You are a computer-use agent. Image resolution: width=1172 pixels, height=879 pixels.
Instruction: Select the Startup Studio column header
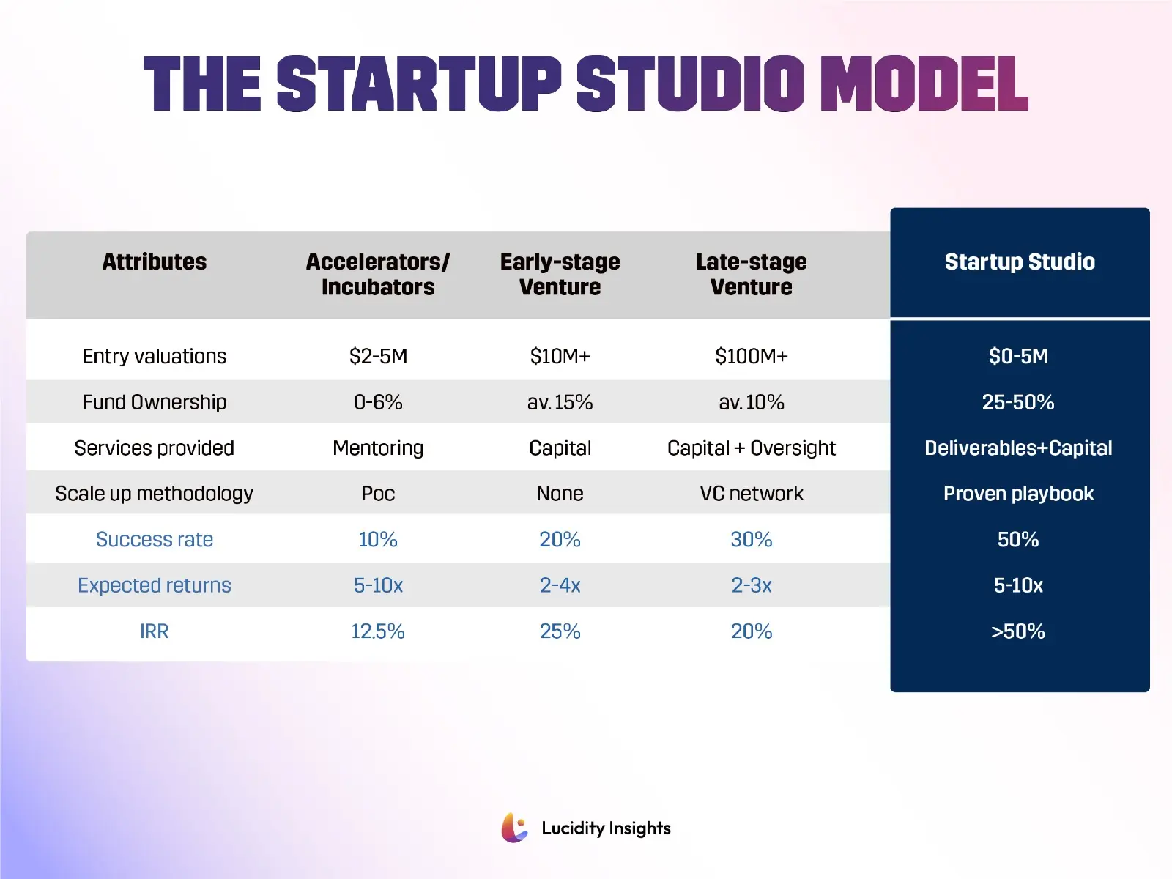(x=1019, y=262)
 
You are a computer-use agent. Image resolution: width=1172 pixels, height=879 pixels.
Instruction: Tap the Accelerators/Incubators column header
(x=378, y=274)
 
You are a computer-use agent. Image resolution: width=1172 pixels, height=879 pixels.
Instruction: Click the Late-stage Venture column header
(x=751, y=274)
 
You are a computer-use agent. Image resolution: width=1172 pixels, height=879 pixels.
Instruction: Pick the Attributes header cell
(x=154, y=262)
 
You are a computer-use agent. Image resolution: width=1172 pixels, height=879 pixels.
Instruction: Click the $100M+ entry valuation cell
(x=751, y=356)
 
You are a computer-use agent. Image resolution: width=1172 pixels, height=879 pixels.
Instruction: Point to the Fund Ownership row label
(x=154, y=402)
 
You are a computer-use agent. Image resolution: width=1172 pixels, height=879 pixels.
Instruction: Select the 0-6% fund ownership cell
(x=378, y=402)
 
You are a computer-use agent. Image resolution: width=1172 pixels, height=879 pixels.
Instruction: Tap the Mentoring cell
(x=378, y=448)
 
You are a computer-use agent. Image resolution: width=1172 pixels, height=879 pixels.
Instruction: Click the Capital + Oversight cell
(x=751, y=448)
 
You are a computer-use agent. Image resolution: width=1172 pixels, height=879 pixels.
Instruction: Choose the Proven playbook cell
(x=1018, y=494)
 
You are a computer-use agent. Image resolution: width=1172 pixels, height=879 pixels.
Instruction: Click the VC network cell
(x=751, y=494)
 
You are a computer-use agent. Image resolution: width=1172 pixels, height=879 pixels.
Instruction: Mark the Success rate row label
(x=154, y=539)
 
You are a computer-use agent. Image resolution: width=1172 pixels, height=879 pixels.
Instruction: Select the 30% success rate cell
(x=751, y=539)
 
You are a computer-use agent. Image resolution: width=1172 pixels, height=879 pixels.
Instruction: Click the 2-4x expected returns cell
(x=560, y=585)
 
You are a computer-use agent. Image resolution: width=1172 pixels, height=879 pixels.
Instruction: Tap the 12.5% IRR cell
(x=378, y=631)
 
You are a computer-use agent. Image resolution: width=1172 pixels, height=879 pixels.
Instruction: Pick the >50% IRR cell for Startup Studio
(x=1018, y=631)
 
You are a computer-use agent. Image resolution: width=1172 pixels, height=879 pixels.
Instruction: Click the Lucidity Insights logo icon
(x=515, y=828)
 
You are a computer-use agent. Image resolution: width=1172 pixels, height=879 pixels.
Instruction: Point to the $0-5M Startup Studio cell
(x=1018, y=356)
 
